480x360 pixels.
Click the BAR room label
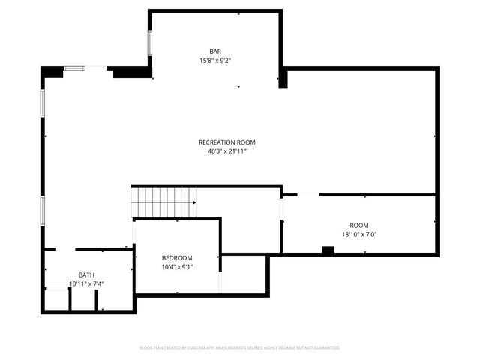click(214, 51)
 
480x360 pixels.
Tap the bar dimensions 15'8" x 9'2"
click(214, 60)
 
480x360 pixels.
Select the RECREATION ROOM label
click(227, 142)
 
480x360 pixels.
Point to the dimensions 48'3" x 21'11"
click(227, 151)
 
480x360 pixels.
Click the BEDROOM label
click(178, 258)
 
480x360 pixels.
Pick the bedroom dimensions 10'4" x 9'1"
click(178, 267)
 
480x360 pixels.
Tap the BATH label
click(87, 275)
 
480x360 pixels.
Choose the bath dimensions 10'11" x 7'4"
click(87, 283)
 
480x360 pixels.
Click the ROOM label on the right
click(359, 226)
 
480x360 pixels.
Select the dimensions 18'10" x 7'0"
click(359, 234)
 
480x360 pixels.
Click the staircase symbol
click(163, 202)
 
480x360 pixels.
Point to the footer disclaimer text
click(240, 348)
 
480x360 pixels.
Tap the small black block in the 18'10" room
click(328, 250)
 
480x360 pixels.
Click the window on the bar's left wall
click(150, 43)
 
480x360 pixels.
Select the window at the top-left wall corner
click(74, 69)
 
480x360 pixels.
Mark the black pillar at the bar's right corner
click(283, 79)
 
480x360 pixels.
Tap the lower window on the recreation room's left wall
click(43, 209)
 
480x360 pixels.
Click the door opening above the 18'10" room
click(307, 195)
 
